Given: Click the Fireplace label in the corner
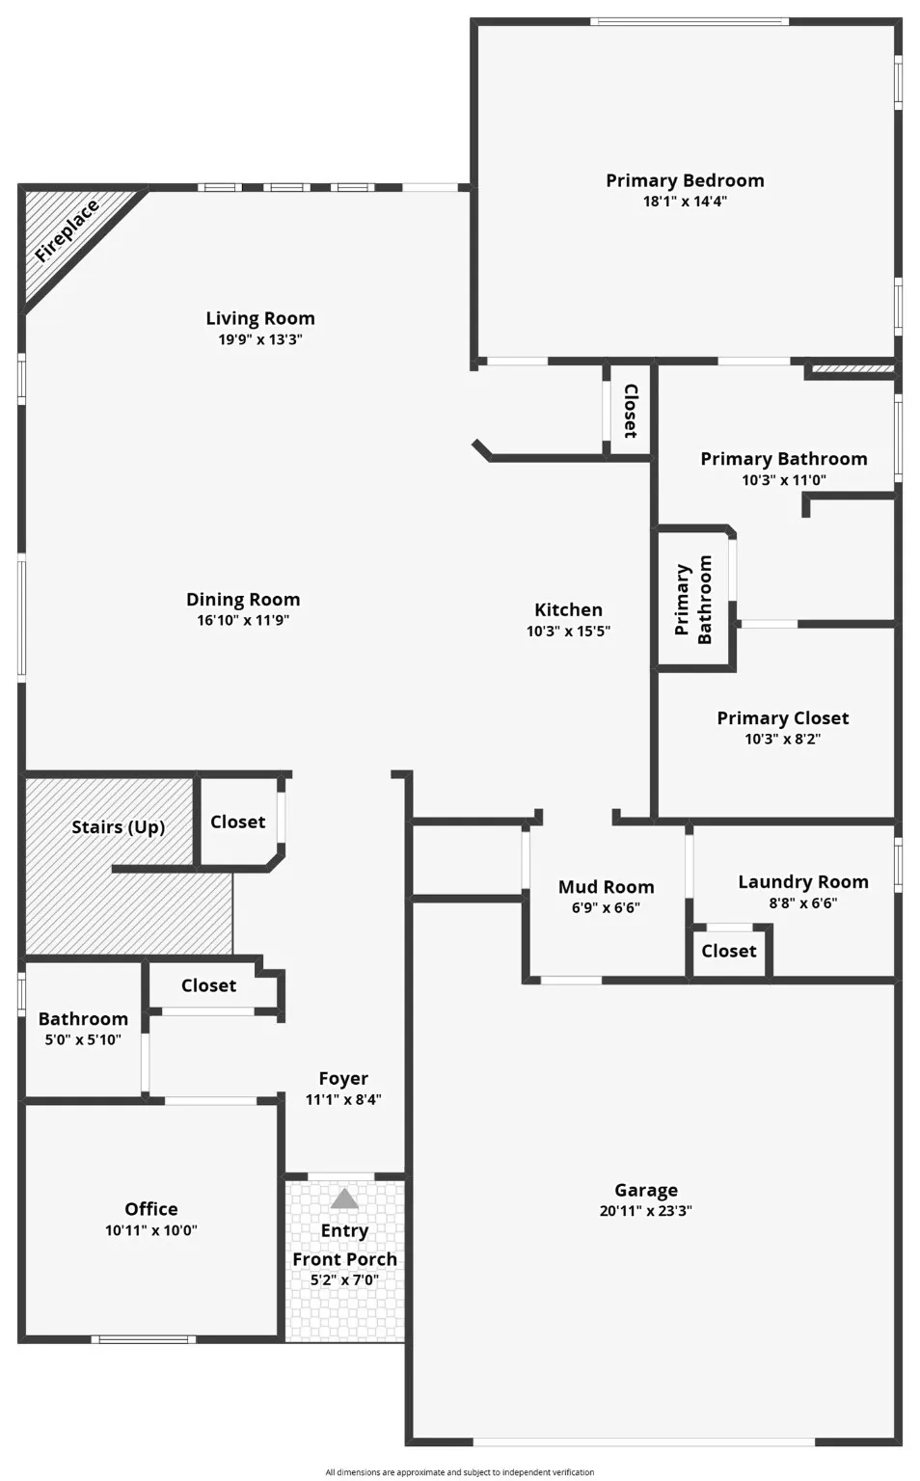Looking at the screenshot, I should (x=67, y=231).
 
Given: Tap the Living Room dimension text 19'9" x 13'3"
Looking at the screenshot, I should (x=260, y=339).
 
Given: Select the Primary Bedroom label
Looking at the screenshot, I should (x=685, y=180).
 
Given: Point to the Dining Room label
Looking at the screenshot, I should (x=243, y=599).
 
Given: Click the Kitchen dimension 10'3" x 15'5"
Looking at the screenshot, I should (x=568, y=632).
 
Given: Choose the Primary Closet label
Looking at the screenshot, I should (x=782, y=717).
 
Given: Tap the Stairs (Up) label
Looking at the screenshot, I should (x=118, y=826).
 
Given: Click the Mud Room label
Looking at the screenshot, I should (x=606, y=886).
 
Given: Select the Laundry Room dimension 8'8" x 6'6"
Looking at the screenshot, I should (x=802, y=903).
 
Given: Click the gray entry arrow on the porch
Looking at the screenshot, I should (x=344, y=1199).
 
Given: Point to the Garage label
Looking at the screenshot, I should (x=646, y=1190).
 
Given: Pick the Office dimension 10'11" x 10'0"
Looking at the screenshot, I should (x=151, y=1230).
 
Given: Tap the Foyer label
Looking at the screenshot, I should (x=343, y=1078).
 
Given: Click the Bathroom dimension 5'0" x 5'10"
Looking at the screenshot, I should (x=83, y=1039).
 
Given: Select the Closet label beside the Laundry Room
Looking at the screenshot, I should (x=728, y=951).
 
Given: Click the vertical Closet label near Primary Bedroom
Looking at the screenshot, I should (x=630, y=411).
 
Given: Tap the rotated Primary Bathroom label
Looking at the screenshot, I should (x=693, y=600).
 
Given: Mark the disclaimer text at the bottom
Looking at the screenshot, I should (x=459, y=1472).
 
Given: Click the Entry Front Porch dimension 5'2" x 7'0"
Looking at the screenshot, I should (x=344, y=1280).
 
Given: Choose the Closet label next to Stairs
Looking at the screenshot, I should (x=237, y=821).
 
